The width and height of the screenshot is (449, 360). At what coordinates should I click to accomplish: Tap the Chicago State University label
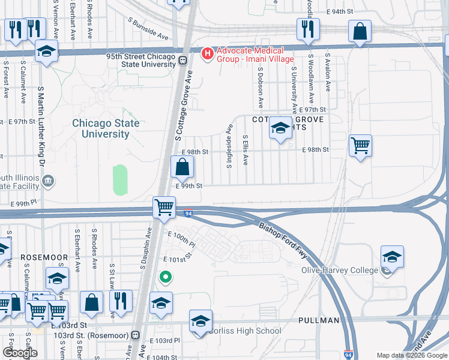106,128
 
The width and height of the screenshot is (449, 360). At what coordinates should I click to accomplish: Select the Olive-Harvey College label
339,270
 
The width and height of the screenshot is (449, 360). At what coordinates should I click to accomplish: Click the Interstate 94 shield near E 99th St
188,213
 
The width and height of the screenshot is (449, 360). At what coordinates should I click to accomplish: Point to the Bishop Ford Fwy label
283,240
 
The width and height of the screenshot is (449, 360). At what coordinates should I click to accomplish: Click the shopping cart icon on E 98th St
360,145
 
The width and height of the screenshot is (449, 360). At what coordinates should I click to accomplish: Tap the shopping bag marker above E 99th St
182,167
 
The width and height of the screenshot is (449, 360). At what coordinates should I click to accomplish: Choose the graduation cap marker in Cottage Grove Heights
280,128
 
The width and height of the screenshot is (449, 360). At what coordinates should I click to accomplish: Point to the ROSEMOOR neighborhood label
44,257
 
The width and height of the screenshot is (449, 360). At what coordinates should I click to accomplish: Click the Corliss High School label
245,331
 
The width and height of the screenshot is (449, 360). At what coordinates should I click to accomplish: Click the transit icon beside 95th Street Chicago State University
181,60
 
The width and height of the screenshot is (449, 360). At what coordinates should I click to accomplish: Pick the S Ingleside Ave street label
229,146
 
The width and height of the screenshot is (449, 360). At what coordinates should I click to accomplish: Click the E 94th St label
340,12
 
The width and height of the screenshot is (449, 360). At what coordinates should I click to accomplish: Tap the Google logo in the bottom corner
20,353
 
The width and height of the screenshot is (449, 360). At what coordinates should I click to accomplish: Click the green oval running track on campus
120,179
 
